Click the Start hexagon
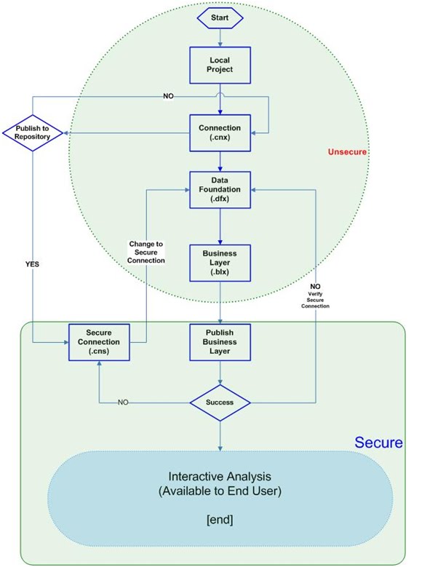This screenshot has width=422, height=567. pyautogui.click(x=220, y=17)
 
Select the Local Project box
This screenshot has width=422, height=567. pyautogui.click(x=220, y=66)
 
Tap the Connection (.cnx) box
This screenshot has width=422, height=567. pyautogui.click(x=220, y=133)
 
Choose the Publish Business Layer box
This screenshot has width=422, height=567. pyautogui.click(x=220, y=340)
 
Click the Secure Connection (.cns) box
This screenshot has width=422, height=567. pyautogui.click(x=98, y=340)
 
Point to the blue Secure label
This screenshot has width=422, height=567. pyautogui.click(x=378, y=443)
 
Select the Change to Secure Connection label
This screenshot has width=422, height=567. pyautogui.click(x=147, y=252)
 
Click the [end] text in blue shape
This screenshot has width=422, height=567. pyautogui.click(x=220, y=520)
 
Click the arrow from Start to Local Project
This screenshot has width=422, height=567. pyautogui.click(x=220, y=36)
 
